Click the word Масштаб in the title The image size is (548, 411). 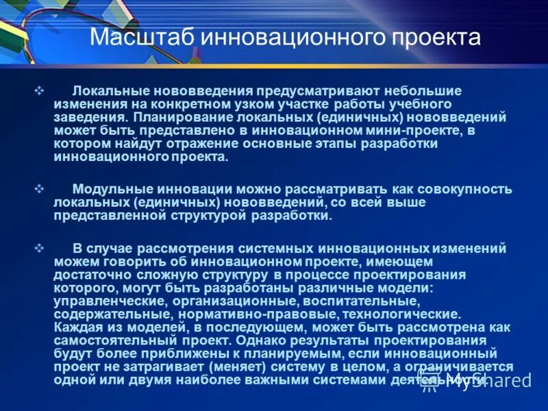(x=141, y=38)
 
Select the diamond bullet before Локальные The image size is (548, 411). (x=39, y=90)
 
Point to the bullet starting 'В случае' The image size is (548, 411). (x=39, y=248)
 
